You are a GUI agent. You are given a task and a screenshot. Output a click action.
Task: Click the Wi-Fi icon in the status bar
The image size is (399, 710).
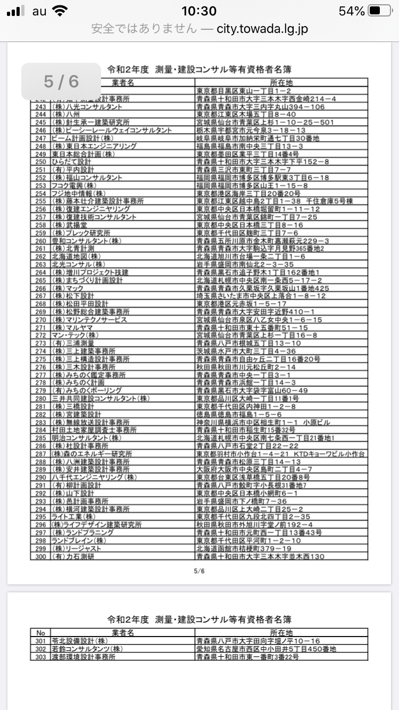tap(61, 11)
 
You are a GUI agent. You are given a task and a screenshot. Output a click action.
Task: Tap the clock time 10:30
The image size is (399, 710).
tap(199, 11)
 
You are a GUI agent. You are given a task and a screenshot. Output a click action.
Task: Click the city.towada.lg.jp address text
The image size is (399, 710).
tap(262, 29)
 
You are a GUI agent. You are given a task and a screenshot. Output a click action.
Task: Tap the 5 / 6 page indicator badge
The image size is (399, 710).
tap(61, 81)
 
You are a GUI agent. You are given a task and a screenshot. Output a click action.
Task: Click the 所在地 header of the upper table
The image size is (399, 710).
tap(281, 82)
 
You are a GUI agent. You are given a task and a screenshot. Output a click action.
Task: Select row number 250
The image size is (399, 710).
tap(40, 162)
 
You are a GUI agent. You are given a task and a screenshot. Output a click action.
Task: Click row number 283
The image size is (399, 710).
tap(40, 422)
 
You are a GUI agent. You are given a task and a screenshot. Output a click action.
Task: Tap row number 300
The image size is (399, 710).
tap(40, 556)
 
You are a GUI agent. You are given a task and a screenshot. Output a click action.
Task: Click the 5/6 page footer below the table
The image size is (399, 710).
tap(199, 572)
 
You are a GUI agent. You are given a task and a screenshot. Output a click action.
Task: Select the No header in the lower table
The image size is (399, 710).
tap(40, 633)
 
